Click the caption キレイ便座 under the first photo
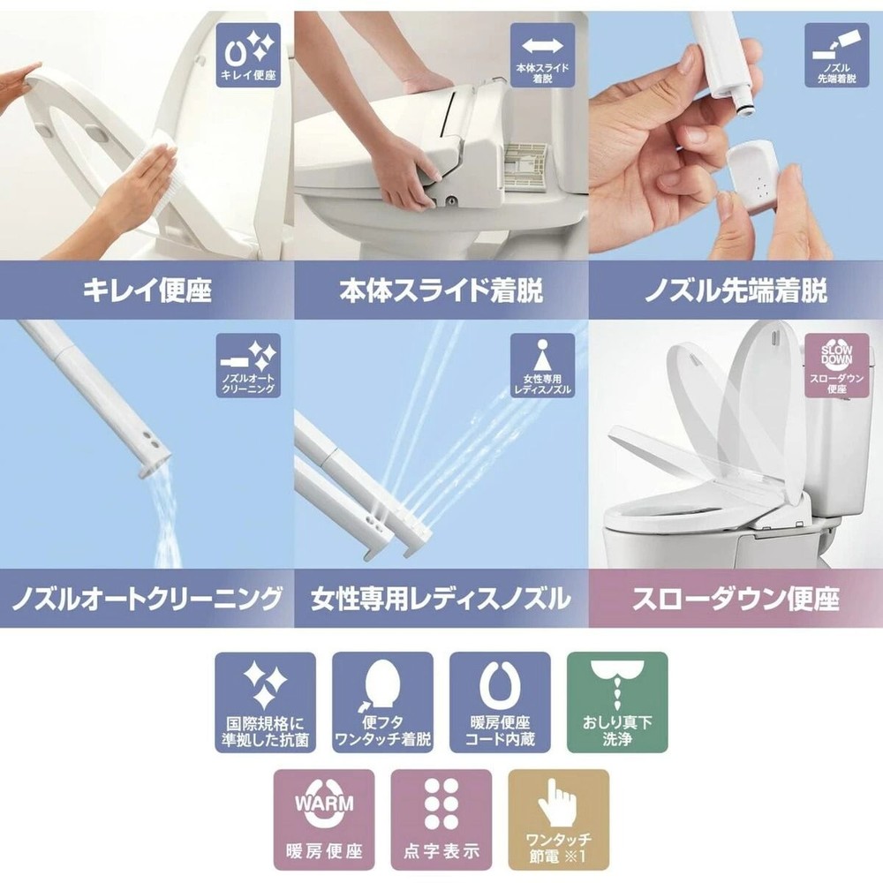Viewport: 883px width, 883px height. (147, 291)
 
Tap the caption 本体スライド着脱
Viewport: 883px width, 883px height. (441, 291)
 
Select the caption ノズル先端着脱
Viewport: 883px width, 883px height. (735, 291)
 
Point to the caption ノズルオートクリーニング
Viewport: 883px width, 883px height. (147, 600)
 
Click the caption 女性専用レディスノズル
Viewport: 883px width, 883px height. (441, 600)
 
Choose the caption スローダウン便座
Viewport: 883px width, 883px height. (735, 600)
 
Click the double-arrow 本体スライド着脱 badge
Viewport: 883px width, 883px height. (542, 55)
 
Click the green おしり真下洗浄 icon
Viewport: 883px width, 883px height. (616, 702)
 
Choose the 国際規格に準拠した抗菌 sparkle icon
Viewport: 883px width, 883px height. (265, 702)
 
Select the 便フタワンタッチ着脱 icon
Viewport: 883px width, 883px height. (382, 702)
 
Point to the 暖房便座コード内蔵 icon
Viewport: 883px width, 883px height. (500, 702)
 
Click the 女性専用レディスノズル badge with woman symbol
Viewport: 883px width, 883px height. (542, 366)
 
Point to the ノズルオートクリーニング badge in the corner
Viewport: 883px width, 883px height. (248, 366)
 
